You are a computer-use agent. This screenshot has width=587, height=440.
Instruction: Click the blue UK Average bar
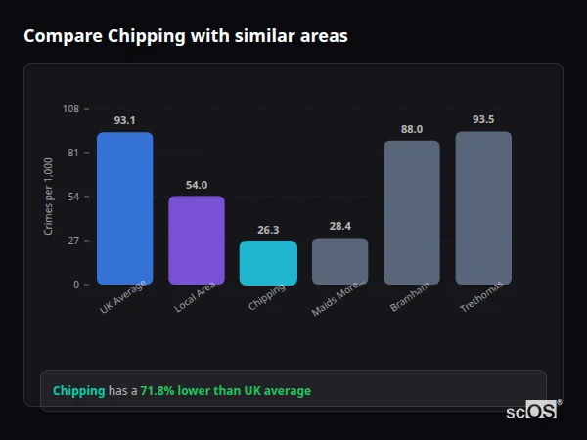click(124, 208)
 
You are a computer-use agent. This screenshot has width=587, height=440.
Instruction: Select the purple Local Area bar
click(197, 241)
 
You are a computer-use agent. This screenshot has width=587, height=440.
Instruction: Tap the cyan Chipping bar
click(268, 262)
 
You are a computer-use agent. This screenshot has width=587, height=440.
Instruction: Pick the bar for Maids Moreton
click(339, 261)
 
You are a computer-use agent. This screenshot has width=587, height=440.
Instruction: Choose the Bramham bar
click(411, 212)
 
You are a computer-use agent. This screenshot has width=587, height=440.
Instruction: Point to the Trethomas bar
click(483, 208)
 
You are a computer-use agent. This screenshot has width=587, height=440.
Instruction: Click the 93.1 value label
click(124, 120)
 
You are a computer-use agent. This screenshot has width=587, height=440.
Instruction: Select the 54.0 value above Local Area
click(197, 185)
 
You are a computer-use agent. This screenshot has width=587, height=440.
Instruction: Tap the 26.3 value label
click(268, 230)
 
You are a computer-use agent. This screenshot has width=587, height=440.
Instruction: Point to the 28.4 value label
click(339, 226)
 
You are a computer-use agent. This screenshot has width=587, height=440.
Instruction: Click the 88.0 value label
click(411, 129)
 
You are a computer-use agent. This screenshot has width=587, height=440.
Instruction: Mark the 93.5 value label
click(483, 119)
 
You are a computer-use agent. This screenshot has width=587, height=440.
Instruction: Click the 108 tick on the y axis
click(70, 109)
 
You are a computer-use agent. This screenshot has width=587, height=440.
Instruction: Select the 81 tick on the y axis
click(73, 153)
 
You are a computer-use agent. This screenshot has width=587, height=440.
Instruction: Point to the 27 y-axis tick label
click(73, 241)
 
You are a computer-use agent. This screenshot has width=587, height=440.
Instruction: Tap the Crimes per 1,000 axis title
click(48, 197)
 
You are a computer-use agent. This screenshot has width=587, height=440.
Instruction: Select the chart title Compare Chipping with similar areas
click(185, 36)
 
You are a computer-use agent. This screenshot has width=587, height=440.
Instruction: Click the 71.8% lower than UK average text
click(225, 391)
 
